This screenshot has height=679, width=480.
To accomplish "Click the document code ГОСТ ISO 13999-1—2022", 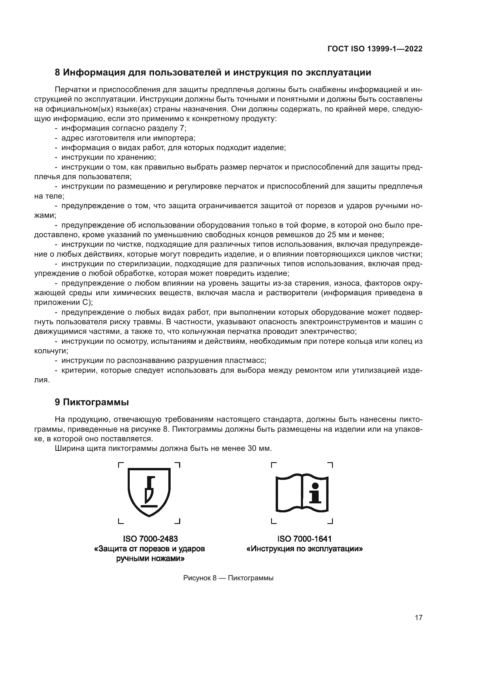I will pos(375,49).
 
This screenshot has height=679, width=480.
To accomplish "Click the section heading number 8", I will pos(57,73).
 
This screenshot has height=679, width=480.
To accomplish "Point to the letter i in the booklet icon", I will pos(315,494).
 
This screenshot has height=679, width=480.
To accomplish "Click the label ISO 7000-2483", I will pos(150,539).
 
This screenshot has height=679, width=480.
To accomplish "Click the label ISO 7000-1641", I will pos(304,539).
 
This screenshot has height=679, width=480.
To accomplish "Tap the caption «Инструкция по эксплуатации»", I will pos(304,549).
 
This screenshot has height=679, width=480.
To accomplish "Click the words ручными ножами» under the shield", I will pos(150,559).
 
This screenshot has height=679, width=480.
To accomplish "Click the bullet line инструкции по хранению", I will pos(109,157).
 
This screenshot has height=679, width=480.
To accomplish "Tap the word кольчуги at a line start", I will pos(50,351).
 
